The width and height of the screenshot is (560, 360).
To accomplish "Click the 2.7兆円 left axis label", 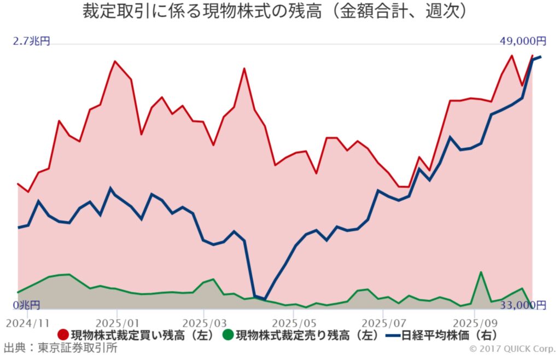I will (32, 41).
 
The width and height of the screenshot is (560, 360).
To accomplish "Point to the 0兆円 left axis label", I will (27, 304).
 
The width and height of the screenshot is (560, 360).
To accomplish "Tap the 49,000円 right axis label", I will (522, 41).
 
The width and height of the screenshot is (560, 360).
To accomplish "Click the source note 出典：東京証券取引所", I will (60, 348).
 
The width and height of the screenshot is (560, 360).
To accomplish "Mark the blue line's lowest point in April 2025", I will (265, 299).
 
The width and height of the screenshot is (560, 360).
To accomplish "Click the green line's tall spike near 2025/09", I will (481, 272).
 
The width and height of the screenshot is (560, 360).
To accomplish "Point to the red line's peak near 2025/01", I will (115, 61).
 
